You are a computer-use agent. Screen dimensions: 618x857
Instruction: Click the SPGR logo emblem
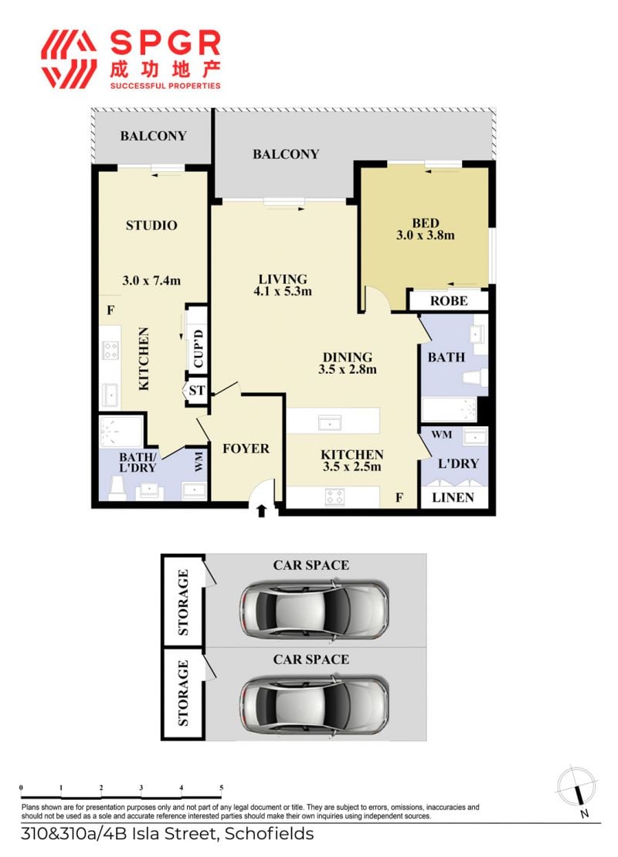click(x=69, y=59)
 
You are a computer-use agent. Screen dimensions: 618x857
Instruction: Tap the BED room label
click(x=426, y=223)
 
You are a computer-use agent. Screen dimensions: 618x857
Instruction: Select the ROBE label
click(x=449, y=301)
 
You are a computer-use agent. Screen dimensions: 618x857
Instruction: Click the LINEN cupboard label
click(x=453, y=497)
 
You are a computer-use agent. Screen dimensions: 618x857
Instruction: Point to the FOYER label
click(x=246, y=449)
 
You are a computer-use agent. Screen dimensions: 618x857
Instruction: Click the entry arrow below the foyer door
click(x=261, y=510)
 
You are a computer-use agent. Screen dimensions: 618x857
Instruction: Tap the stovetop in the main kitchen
click(x=334, y=496)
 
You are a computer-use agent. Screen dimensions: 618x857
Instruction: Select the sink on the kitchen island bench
click(x=330, y=422)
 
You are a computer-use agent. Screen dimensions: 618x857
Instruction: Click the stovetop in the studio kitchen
click(x=111, y=351)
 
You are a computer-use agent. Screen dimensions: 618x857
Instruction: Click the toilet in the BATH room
click(x=475, y=378)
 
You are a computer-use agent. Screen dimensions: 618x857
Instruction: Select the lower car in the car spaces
click(x=314, y=704)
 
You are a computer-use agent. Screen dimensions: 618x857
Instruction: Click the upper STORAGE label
click(x=183, y=601)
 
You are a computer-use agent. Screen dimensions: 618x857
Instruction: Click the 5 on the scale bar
click(x=222, y=788)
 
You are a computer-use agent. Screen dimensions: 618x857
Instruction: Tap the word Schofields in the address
click(x=269, y=834)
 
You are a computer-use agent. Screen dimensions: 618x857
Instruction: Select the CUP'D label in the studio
click(x=198, y=348)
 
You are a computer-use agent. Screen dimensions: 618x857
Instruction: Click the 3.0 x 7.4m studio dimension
click(x=151, y=281)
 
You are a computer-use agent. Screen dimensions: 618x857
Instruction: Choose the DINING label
click(x=348, y=357)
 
